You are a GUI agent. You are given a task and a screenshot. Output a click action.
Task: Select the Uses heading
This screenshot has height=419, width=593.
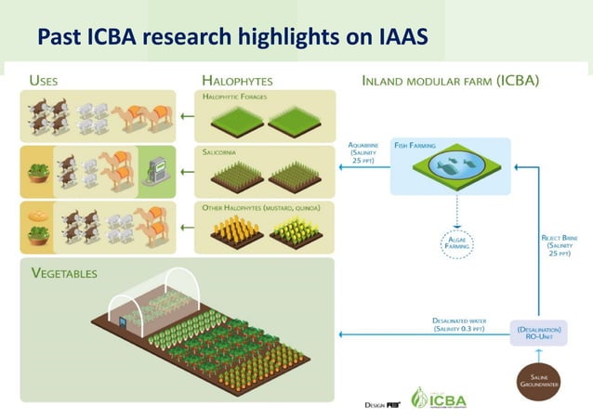pyautogui.click(x=44, y=81)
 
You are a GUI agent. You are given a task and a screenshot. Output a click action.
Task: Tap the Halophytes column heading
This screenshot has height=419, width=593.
pyautogui.click(x=237, y=81)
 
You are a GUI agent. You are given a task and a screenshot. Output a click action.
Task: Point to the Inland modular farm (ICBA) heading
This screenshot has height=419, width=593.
pyautogui.click(x=450, y=81)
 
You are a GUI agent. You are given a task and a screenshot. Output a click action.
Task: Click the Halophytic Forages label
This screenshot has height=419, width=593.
pyautogui.click(x=237, y=97)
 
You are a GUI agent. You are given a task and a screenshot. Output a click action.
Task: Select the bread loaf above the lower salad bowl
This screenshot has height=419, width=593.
pyautogui.click(x=38, y=216)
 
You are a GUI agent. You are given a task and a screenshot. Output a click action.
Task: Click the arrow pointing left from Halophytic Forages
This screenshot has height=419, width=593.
pyautogui.click(x=187, y=117)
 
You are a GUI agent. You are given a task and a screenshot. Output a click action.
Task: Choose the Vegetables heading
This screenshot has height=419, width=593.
pyautogui.click(x=64, y=273)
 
